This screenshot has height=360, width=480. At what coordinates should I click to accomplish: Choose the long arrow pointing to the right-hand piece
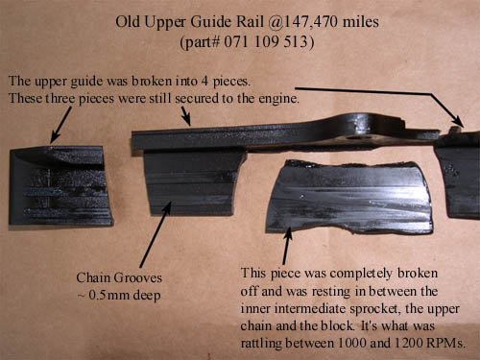(384, 101)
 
